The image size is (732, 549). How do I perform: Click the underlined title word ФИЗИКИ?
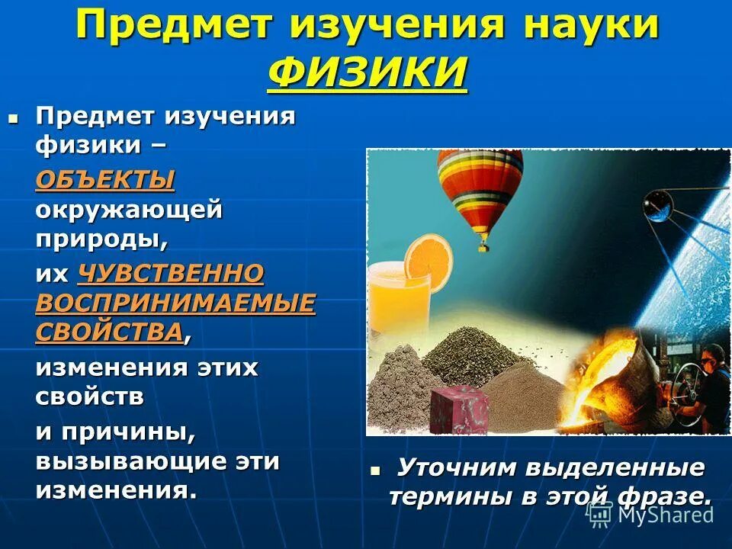tap(368, 72)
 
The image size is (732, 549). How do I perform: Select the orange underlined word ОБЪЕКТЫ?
tap(104, 181)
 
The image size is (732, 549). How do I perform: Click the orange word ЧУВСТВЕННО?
tap(171, 274)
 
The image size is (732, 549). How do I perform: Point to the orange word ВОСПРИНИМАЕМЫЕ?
tap(175, 303)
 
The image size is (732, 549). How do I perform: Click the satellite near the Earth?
tap(657, 204)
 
